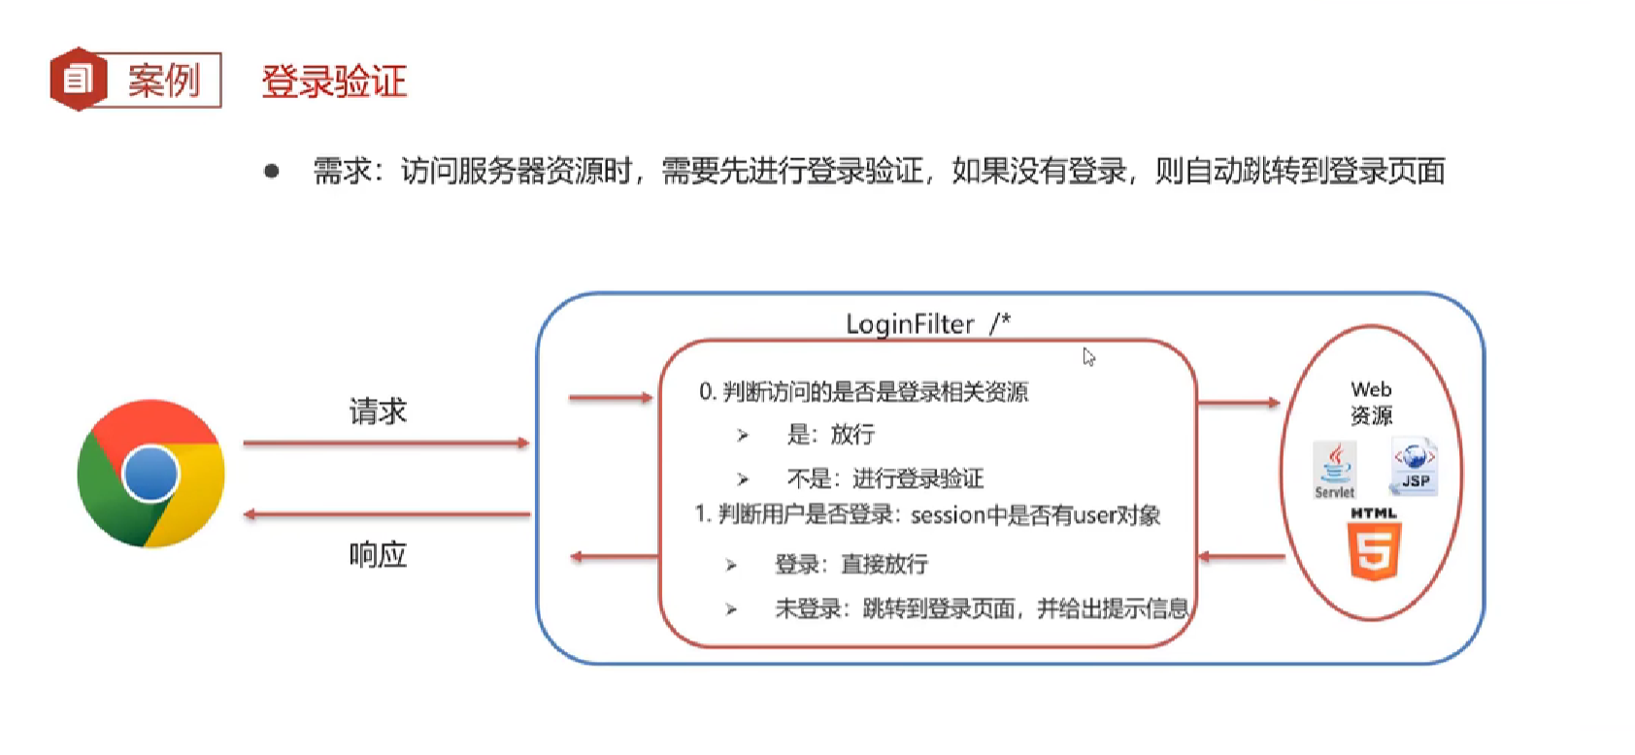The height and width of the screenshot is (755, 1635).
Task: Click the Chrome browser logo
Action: [150, 474]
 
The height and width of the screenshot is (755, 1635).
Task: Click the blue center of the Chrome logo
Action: [150, 474]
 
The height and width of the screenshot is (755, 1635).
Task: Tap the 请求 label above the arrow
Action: [378, 411]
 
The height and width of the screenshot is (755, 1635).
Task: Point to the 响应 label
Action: [378, 555]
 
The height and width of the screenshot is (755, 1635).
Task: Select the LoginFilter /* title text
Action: [927, 324]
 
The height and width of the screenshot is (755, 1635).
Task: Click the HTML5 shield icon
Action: [1374, 550]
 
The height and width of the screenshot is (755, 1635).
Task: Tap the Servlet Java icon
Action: [1335, 469]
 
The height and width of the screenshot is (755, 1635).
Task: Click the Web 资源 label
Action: [1371, 402]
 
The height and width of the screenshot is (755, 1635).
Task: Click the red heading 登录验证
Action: [334, 81]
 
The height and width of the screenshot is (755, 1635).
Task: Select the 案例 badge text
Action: [163, 80]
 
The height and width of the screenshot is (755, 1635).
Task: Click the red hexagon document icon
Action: [78, 79]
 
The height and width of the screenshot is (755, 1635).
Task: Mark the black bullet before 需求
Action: [272, 172]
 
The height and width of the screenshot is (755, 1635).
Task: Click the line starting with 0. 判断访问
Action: [863, 392]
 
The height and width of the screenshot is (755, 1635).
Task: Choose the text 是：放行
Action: [830, 435]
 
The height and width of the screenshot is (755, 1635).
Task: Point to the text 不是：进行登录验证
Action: [884, 478]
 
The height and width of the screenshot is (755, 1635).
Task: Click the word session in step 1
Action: [948, 515]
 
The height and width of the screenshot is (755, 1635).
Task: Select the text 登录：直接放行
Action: [851, 564]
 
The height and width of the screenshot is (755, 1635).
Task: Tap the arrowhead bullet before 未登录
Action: [731, 609]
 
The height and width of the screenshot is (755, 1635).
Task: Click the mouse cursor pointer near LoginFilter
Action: [1088, 356]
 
